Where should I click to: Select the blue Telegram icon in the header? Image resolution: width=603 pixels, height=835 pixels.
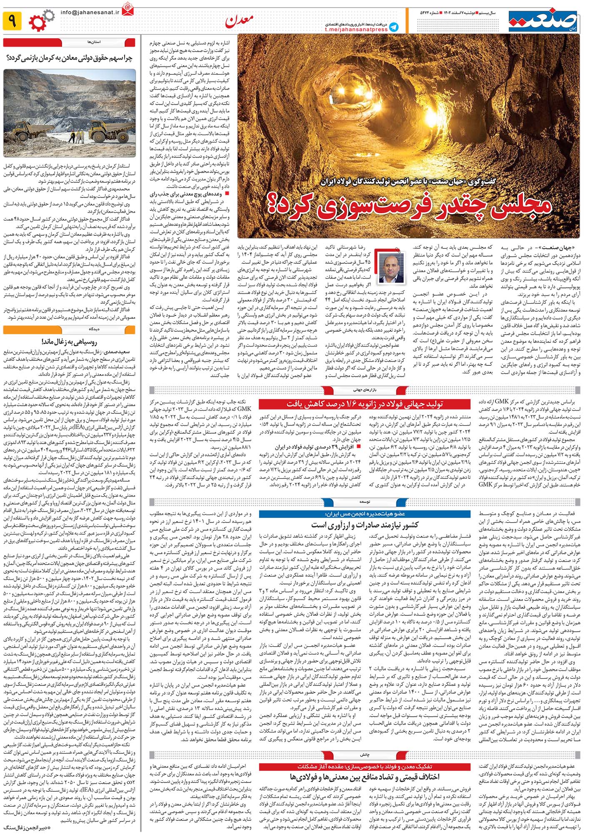pyautogui.click(x=393, y=27)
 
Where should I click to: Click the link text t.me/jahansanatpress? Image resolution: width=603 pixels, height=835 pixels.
pyautogui.click(x=356, y=30)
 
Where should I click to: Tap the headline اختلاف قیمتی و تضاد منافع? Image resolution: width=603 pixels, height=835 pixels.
pyautogui.click(x=365, y=777)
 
